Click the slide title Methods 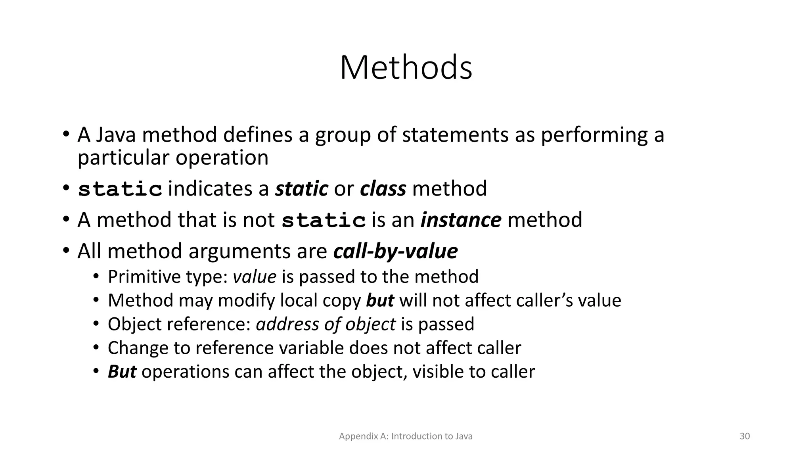point(406,67)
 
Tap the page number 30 point(745,436)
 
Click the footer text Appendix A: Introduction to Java point(406,436)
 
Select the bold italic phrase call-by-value point(395,251)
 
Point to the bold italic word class point(383,188)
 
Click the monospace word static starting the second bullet point(120,189)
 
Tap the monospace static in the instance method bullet point(324,221)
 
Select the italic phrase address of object point(326,324)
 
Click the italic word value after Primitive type point(254,277)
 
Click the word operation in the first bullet point(222,158)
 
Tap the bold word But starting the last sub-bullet point(122,372)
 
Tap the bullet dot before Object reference point(96,324)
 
